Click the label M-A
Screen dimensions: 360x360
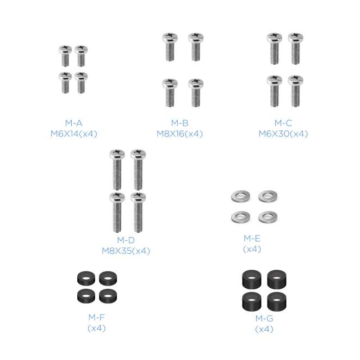[x=74, y=123]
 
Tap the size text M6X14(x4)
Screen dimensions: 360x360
[x=74, y=134]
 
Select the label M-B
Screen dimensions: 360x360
[x=180, y=123]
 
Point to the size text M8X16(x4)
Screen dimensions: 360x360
[x=179, y=134]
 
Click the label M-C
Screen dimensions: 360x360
[x=283, y=123]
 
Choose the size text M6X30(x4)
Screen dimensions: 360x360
[x=283, y=134]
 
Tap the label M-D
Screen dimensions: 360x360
[x=126, y=240]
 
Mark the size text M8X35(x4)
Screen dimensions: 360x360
[x=126, y=251]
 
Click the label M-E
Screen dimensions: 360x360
[x=252, y=239]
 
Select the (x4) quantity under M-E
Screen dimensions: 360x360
[x=252, y=249]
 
